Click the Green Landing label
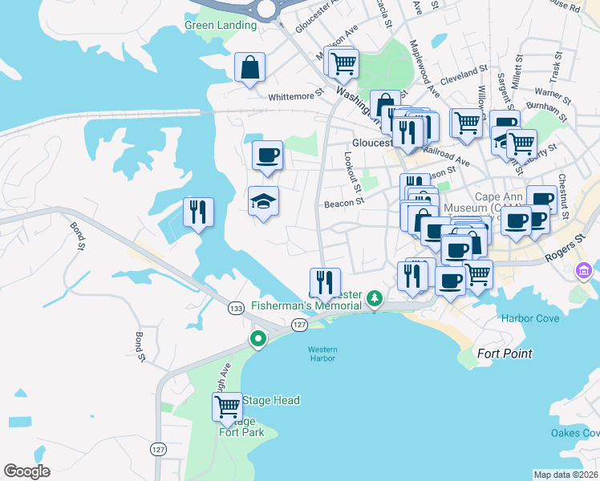pyautogui.click(x=221, y=25)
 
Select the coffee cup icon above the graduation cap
pyautogui.click(x=267, y=155)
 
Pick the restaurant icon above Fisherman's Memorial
pyautogui.click(x=325, y=282)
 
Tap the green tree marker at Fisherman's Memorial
pyautogui.click(x=374, y=299)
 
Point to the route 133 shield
pyautogui.click(x=236, y=308)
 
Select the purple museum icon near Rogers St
pyautogui.click(x=584, y=273)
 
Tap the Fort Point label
pyautogui.click(x=505, y=354)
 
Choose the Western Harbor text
pyautogui.click(x=322, y=354)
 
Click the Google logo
pyautogui.click(x=27, y=471)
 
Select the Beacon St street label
pyautogui.click(x=344, y=204)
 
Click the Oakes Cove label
pyautogui.click(x=574, y=433)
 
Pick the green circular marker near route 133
pyautogui.click(x=258, y=340)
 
